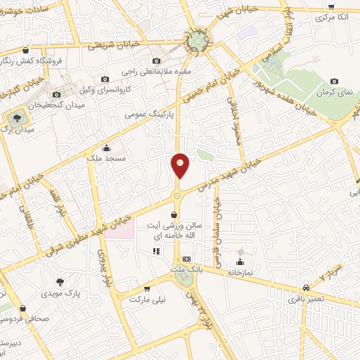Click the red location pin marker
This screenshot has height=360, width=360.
pyautogui.click(x=180, y=165)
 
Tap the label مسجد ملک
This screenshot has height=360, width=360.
pyautogui.click(x=105, y=160)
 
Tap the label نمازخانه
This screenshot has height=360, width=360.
pyautogui.click(x=241, y=270)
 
